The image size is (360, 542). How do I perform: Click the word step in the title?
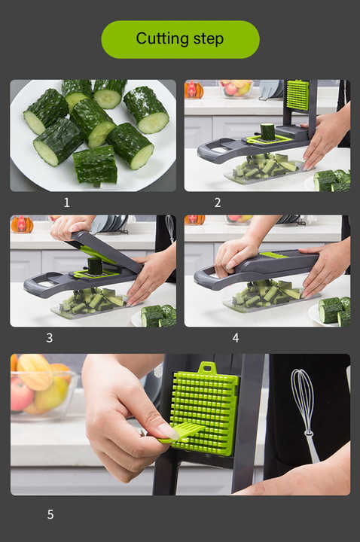pos(207,40)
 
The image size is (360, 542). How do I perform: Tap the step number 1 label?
pos(66,202)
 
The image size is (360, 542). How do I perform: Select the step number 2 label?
pos(217,202)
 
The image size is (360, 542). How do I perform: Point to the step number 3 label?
pos(49,338)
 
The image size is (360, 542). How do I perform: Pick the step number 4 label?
pos(235,338)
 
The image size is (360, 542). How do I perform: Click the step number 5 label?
pos(50,515)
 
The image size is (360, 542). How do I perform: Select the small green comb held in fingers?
pos(181,433)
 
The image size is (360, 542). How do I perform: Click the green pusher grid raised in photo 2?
pos(297,95)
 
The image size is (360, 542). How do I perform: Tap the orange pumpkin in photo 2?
pos(194,90)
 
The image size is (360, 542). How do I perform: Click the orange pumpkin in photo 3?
pos(21,224)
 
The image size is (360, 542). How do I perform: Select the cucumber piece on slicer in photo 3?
pos(95,266)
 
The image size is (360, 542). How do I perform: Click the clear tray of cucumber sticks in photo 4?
pos(267,297)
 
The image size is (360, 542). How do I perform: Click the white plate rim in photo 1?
pos(23,162)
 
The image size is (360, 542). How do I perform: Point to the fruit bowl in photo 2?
pos(236,88)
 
